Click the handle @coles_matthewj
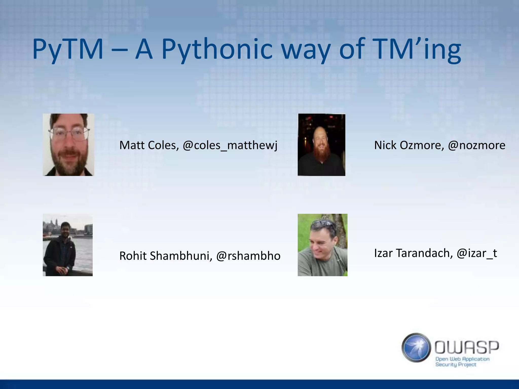coord(230,145)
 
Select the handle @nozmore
coord(476,145)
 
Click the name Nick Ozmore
coord(409,145)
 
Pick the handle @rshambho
coord(248,256)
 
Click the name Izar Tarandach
coord(413,253)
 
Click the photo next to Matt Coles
coord(68,145)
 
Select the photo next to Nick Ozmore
coord(321,145)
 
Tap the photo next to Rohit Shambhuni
coord(68,245)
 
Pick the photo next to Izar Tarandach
coord(322,245)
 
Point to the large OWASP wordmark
coord(467,347)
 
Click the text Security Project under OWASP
coord(456,365)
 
